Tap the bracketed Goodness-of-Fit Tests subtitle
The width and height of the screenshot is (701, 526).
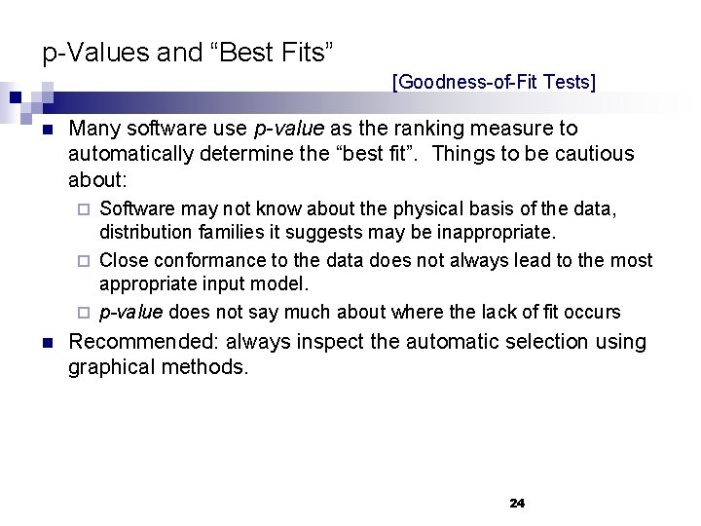coord(494,82)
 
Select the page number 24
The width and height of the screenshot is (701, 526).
coord(517,503)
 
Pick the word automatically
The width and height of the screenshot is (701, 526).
coord(128,154)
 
